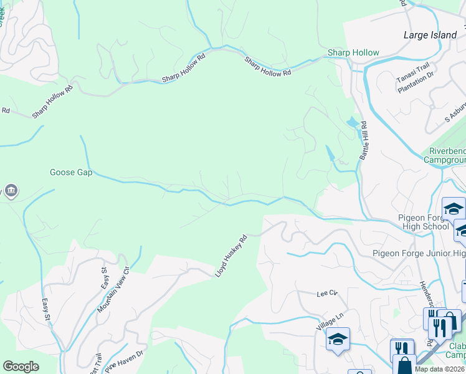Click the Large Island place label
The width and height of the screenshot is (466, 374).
(430, 35)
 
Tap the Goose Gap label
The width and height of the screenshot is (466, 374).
(71, 172)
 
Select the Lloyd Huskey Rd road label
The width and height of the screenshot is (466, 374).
(231, 256)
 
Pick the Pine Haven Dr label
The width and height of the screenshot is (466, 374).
(125, 361)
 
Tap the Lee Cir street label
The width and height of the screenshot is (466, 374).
(326, 293)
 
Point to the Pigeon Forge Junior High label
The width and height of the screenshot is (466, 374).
(419, 252)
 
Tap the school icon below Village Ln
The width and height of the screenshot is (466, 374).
(338, 339)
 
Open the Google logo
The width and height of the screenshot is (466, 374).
(21, 367)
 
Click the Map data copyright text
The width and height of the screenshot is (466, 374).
(439, 369)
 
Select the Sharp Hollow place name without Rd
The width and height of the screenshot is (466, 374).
(353, 53)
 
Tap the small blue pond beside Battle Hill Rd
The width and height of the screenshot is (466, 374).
(353, 123)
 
